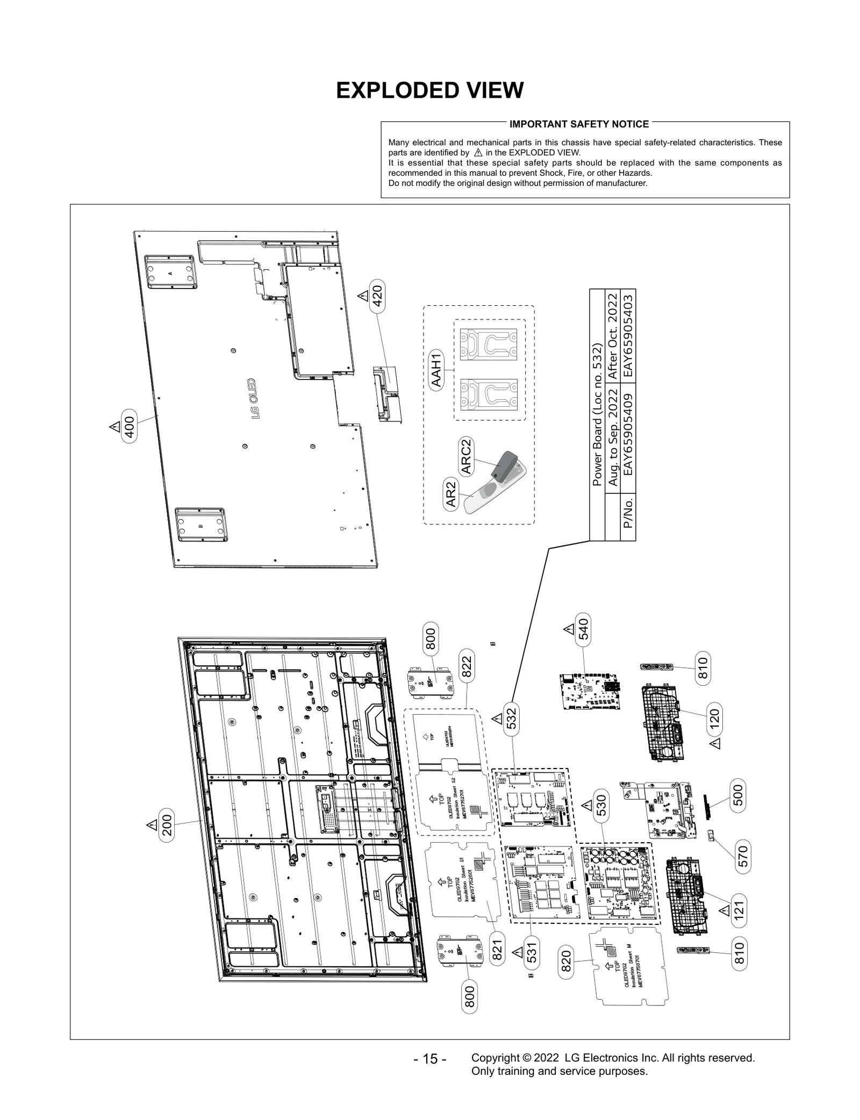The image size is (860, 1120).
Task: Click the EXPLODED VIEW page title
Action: point(429,91)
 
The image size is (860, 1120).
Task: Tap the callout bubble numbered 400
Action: point(130,426)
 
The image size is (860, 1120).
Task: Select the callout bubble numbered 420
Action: point(378,296)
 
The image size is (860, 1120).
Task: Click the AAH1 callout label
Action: point(436,369)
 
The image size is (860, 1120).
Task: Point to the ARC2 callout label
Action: point(466,456)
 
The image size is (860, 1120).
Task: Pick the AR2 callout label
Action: point(451,494)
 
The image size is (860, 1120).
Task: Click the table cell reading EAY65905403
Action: point(627,336)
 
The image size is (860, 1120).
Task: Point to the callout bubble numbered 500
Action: point(738,796)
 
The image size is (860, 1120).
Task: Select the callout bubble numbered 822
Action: point(467,666)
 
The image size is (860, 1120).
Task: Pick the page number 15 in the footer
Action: point(430,1059)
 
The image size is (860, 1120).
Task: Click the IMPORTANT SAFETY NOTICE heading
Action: point(579,124)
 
